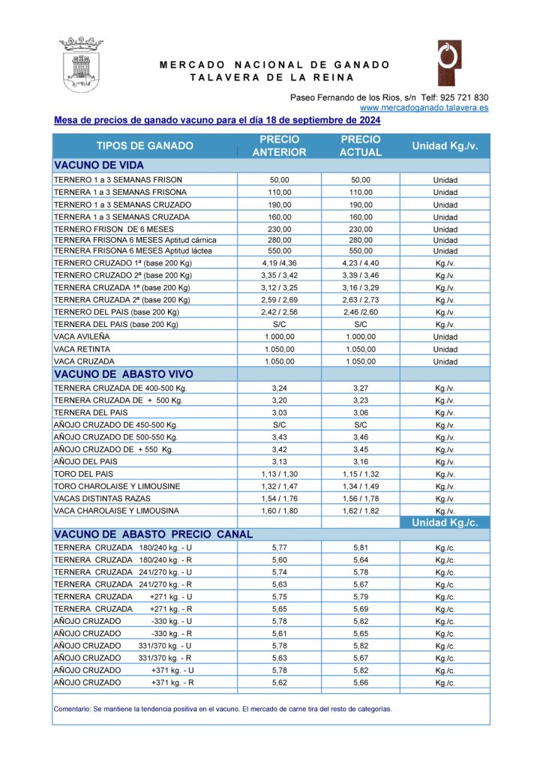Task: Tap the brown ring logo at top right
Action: (449, 62)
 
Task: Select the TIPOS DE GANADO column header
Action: (145, 145)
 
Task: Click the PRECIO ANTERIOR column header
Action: (279, 145)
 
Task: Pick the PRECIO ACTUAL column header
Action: (361, 145)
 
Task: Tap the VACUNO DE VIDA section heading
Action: (99, 165)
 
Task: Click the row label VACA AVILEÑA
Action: (80, 337)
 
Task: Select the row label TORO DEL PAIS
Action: (80, 474)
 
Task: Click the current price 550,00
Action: (361, 250)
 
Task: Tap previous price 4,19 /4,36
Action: (279, 263)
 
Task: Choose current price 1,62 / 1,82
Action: (361, 511)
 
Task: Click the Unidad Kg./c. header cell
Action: (445, 523)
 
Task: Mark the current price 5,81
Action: (361, 547)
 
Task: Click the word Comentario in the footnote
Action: (71, 709)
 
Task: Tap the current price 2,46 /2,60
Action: (361, 312)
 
